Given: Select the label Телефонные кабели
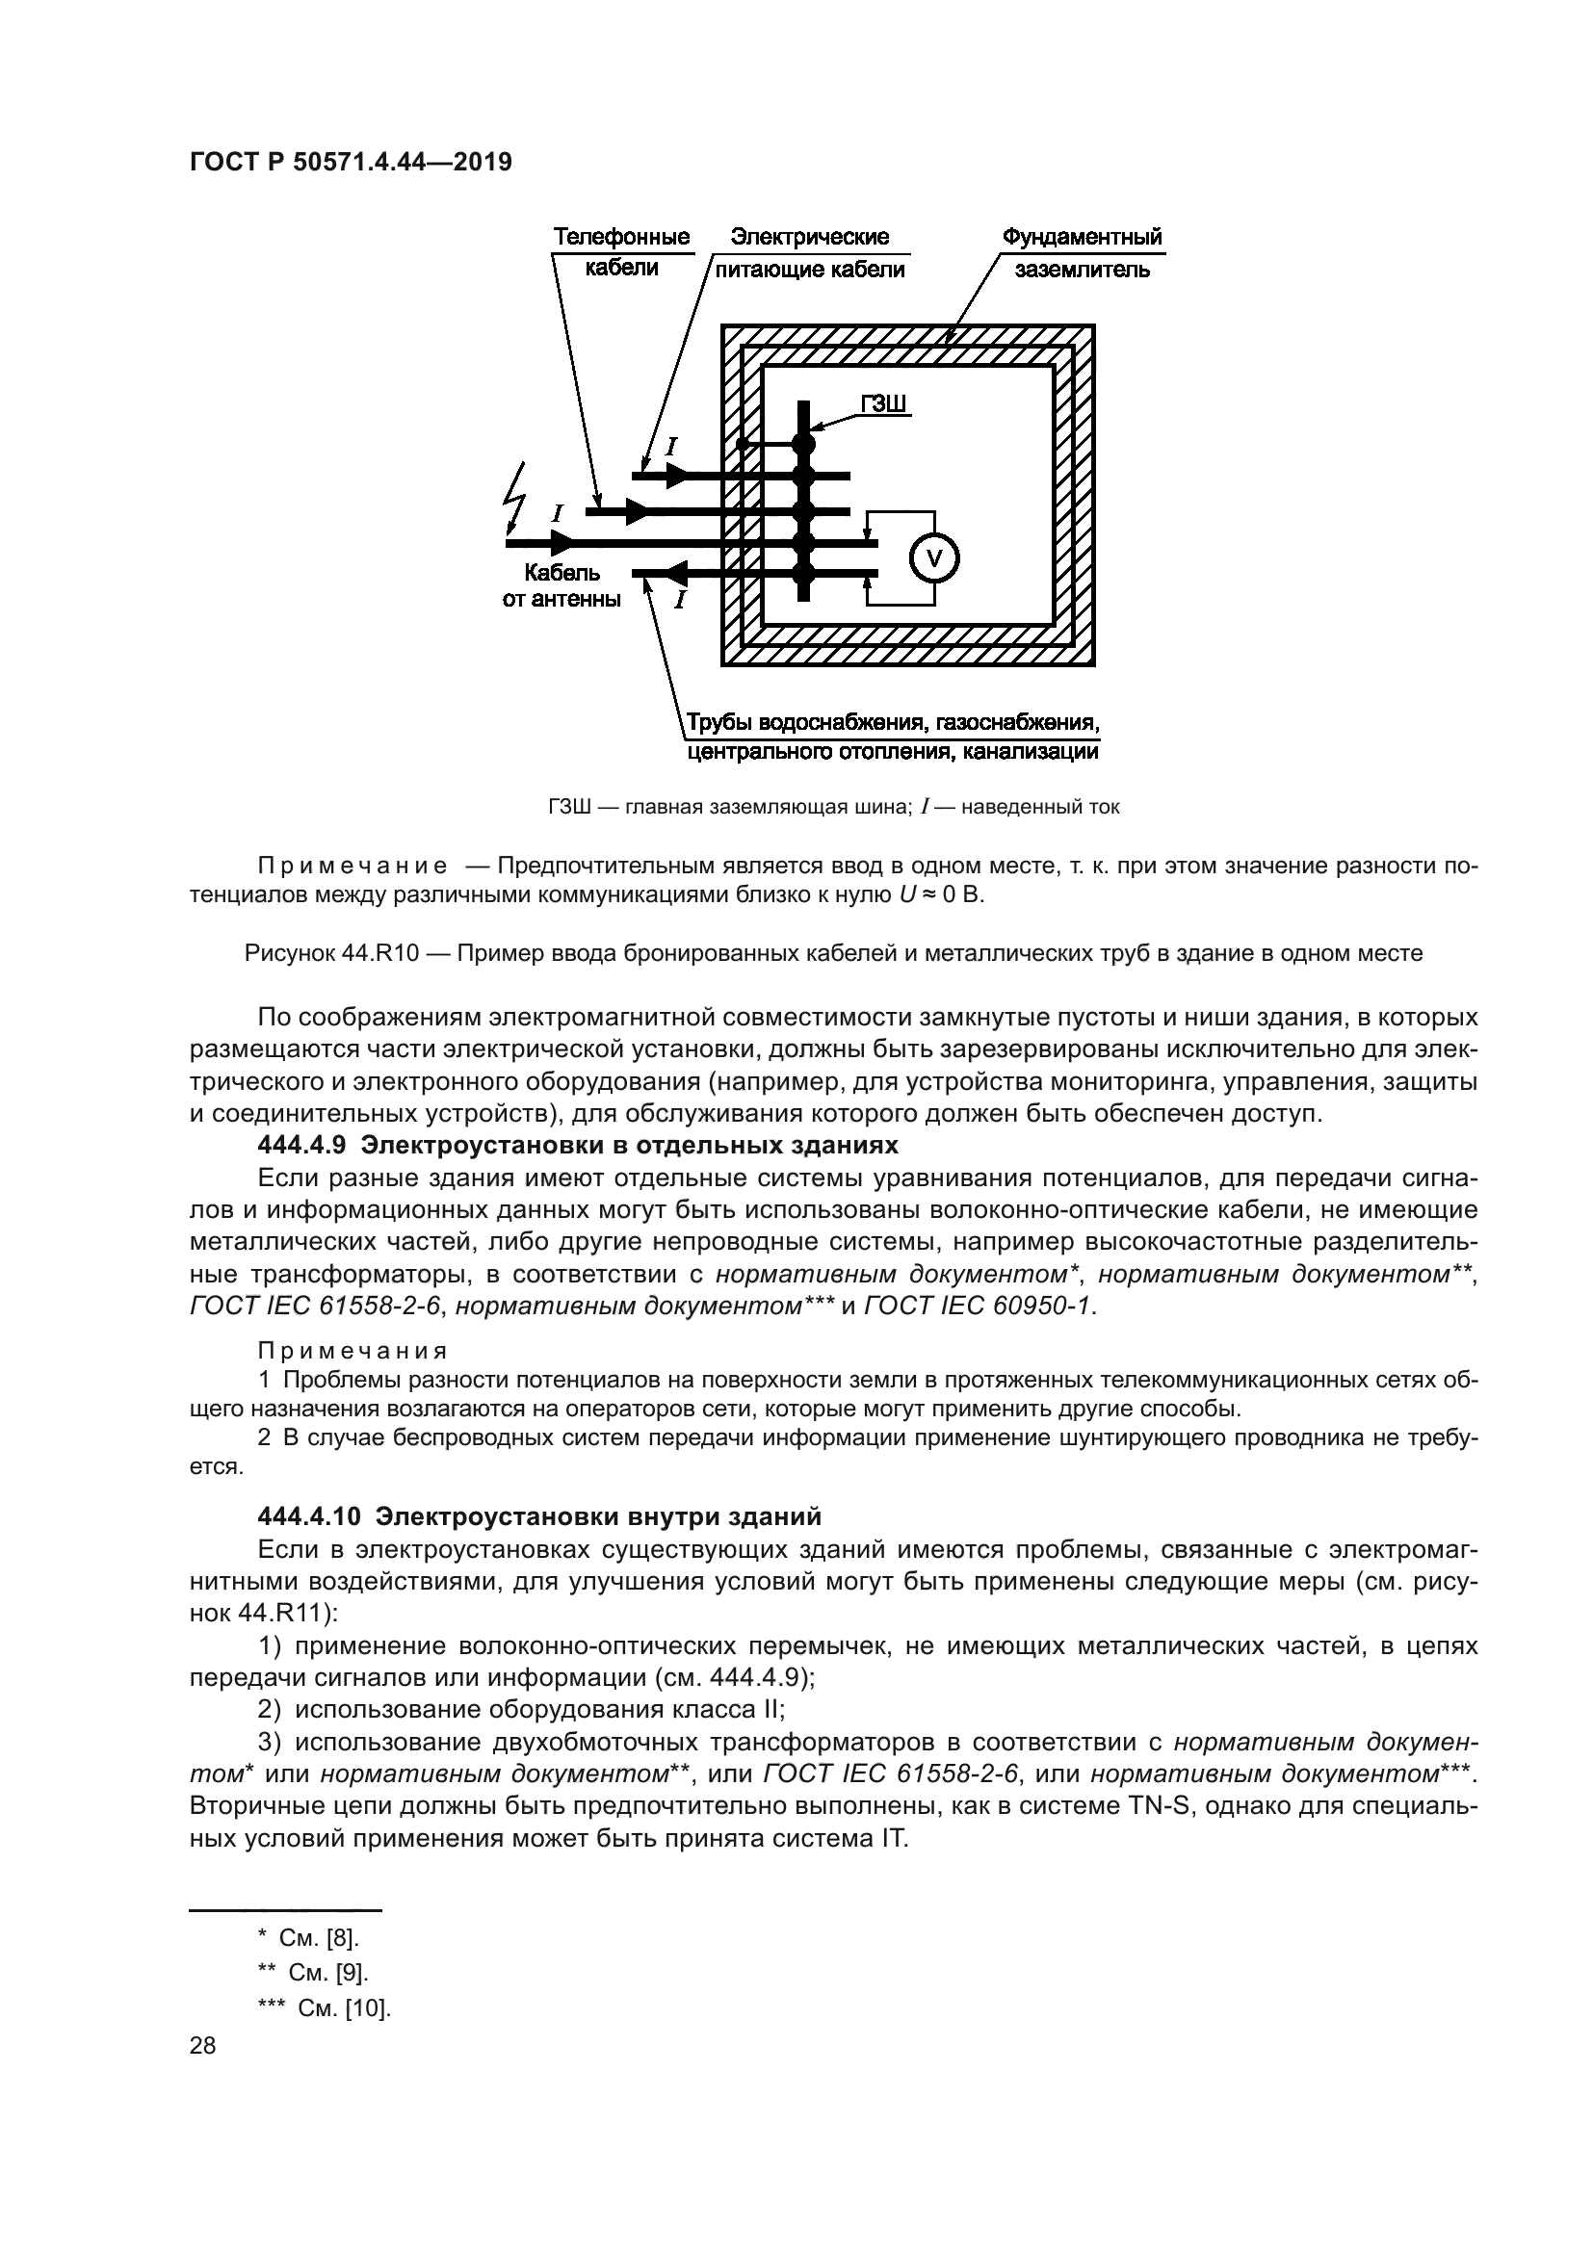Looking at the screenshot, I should [x=621, y=252].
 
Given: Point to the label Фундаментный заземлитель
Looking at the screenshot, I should [x=1081, y=252].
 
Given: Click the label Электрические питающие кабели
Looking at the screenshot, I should [x=810, y=252].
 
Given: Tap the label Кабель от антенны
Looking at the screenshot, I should [x=561, y=585].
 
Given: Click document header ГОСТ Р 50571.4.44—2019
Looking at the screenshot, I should [x=351, y=163].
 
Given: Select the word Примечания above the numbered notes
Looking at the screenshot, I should [x=353, y=1352].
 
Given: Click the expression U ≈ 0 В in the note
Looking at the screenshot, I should [x=941, y=895].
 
